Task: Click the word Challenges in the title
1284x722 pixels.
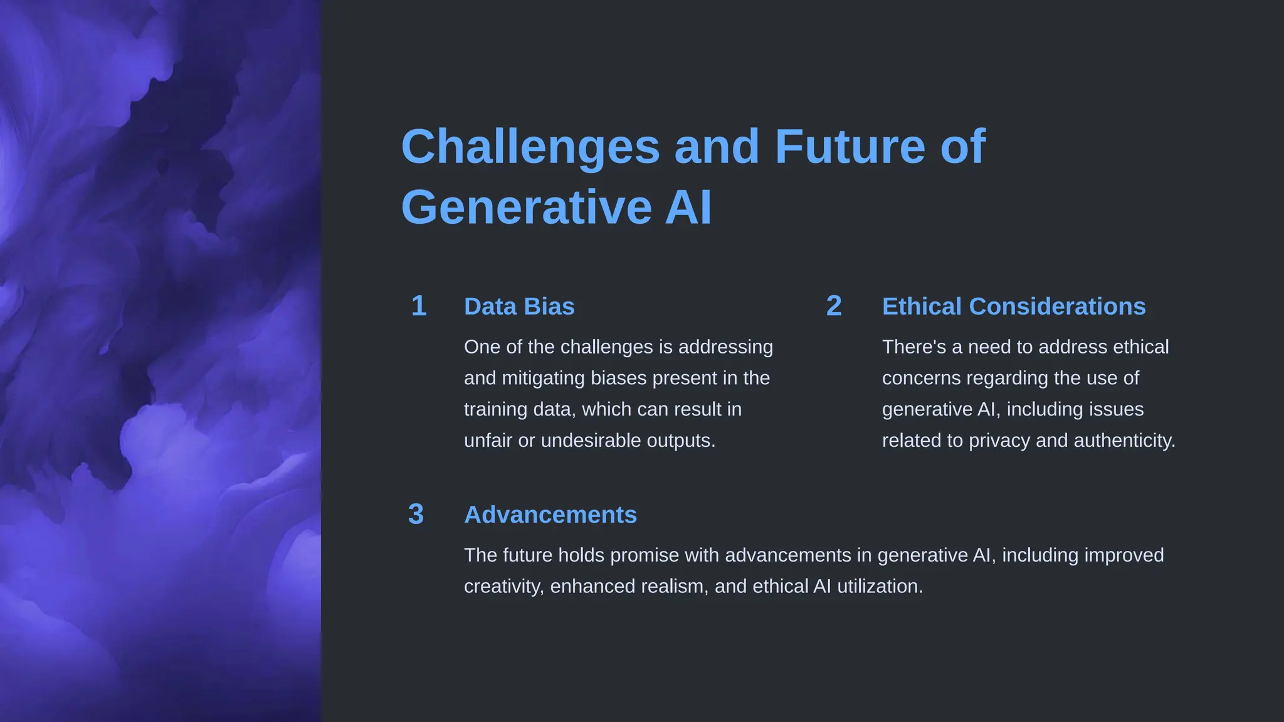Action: [530, 147]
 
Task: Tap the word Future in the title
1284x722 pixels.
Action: [850, 147]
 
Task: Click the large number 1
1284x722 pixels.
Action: [419, 306]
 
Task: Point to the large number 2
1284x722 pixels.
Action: [833, 306]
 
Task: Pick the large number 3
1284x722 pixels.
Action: [416, 515]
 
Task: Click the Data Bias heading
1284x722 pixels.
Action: [519, 307]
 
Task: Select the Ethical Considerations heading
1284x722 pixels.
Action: [1013, 307]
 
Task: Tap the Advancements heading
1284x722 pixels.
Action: [550, 515]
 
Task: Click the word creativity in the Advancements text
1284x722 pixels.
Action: [503, 587]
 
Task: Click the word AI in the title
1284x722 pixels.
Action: [688, 207]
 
